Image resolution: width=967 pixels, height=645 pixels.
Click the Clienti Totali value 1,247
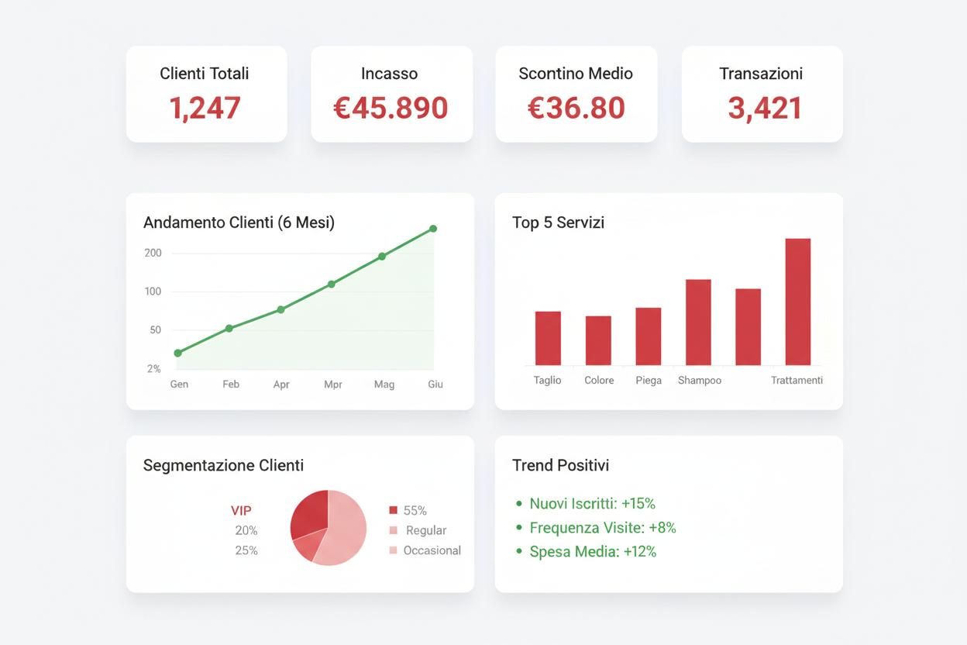coord(205,108)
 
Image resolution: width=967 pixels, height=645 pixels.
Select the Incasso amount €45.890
coord(391,108)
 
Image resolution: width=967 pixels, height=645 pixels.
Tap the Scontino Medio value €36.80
coord(576,108)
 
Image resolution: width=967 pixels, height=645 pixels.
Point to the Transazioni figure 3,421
coord(764,108)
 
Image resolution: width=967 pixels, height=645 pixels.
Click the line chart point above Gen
coord(178,353)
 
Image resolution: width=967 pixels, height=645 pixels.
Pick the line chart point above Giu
coord(433,229)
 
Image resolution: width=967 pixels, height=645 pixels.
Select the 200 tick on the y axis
coord(153,253)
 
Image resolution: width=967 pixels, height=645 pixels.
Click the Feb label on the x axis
coord(231,384)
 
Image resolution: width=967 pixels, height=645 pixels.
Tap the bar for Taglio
coord(548,338)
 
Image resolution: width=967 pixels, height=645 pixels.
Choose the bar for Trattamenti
coord(797,302)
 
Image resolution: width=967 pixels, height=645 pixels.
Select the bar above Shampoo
coord(698,322)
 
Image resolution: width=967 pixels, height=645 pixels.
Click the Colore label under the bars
coord(599,381)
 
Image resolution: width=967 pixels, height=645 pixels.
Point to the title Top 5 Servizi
coord(558,222)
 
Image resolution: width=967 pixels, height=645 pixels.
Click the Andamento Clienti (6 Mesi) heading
coord(239,222)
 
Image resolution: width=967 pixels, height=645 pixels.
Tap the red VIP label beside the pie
coord(241,511)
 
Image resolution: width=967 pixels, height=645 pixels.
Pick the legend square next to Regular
coord(393,530)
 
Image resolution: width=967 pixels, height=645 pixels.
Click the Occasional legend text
coord(432,550)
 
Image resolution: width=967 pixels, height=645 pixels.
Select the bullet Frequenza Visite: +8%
coord(602,528)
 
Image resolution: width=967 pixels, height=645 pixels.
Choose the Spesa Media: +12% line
coord(592,552)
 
